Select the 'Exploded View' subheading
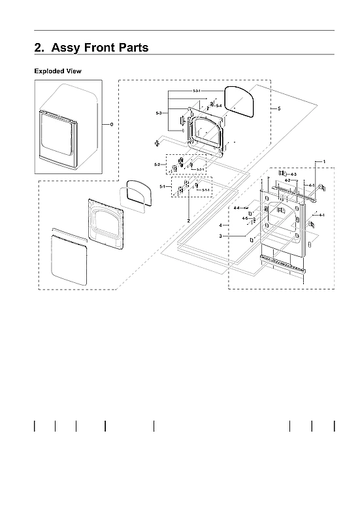(57, 71)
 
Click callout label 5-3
(159, 114)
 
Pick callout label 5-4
(220, 106)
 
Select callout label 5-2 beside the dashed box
(157, 164)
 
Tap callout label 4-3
(293, 174)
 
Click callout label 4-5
(244, 218)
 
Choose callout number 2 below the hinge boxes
(188, 222)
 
